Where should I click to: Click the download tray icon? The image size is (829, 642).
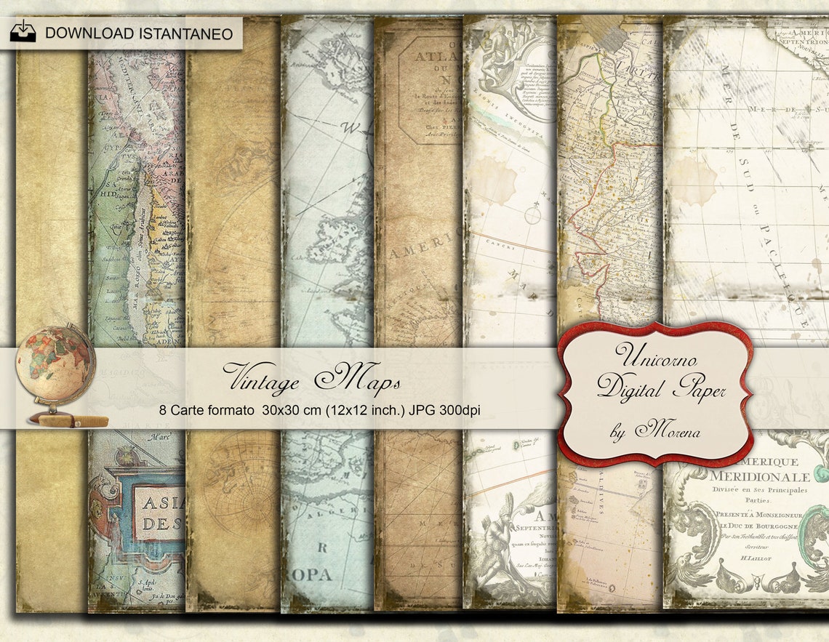[23, 31]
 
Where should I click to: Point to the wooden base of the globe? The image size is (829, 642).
[72, 420]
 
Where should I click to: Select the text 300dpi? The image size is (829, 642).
[459, 410]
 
